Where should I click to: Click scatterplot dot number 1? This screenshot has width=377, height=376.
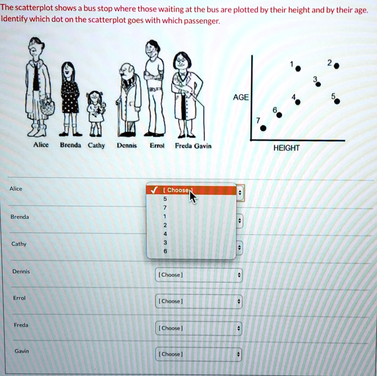coord(298,69)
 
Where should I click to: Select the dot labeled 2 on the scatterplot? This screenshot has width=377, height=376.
coord(337,66)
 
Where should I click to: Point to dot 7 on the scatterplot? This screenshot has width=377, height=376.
coord(263,128)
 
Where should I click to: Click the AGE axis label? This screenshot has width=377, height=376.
coord(241,97)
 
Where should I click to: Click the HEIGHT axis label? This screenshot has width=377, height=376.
coord(286,148)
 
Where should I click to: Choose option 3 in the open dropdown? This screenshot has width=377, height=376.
coord(165,243)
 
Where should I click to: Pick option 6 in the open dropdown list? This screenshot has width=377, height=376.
coord(165,251)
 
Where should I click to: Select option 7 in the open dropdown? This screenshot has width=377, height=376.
coord(165,208)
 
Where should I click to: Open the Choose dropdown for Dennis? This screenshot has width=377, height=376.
coord(199,275)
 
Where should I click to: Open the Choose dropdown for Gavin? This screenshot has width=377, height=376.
coord(199,354)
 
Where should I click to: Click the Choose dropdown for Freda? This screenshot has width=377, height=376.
coord(199,328)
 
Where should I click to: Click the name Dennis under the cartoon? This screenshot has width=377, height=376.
coord(126,146)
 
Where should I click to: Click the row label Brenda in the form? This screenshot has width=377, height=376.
coord(20,217)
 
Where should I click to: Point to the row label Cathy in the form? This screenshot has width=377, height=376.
coord(19,244)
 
